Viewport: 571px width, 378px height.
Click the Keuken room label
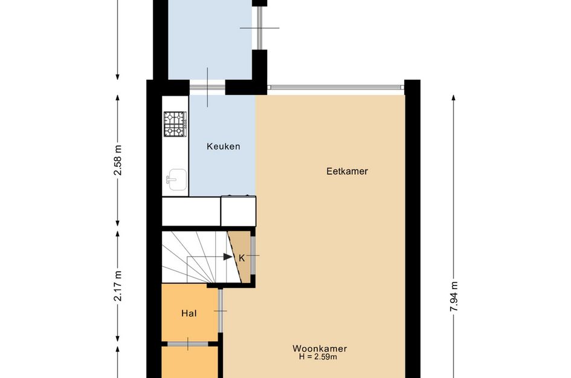click(223, 146)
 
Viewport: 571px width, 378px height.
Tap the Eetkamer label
click(347, 171)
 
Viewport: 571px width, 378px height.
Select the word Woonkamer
click(320, 348)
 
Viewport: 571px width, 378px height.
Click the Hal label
click(189, 313)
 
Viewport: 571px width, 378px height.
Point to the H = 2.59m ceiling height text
click(318, 357)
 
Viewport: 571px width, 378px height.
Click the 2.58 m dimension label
click(118, 160)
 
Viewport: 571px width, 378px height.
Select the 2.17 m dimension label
click(118, 286)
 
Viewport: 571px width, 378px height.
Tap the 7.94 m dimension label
click(454, 296)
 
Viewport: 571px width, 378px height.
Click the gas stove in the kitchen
click(175, 124)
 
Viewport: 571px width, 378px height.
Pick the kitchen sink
click(177, 180)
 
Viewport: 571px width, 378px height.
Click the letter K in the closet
click(242, 258)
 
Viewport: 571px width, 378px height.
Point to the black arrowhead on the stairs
click(228, 256)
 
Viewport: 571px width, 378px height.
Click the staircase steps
click(201, 256)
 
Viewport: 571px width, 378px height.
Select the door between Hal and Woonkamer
click(221, 311)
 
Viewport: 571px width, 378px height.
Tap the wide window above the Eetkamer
click(336, 88)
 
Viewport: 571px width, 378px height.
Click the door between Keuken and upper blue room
click(208, 88)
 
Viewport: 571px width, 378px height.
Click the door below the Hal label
click(188, 344)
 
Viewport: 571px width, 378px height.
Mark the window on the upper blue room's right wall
click(260, 28)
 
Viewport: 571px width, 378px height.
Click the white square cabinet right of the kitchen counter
click(239, 211)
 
